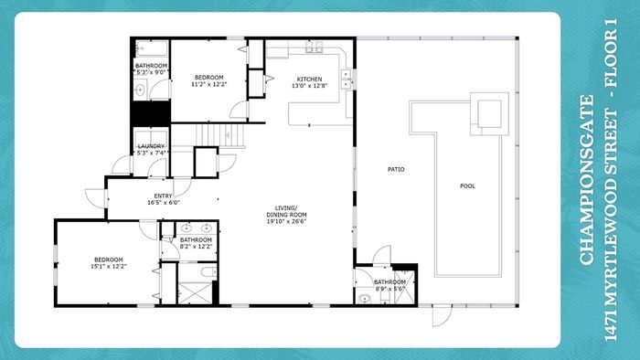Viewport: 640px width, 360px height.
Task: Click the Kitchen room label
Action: tap(309, 79)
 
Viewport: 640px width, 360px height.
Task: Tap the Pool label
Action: tap(467, 185)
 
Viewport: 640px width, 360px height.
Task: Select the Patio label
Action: tap(396, 169)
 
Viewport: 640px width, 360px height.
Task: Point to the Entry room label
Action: tap(163, 196)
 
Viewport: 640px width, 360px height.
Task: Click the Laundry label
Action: tap(151, 146)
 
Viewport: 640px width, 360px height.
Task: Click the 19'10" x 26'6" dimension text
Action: tap(286, 221)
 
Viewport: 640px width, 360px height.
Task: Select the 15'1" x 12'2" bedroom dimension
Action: tap(109, 266)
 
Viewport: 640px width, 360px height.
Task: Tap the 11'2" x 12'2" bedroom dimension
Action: tap(208, 84)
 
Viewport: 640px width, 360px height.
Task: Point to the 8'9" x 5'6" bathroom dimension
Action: tap(390, 289)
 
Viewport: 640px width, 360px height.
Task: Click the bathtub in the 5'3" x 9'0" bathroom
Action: tap(152, 48)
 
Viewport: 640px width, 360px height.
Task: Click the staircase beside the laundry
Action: tap(220, 135)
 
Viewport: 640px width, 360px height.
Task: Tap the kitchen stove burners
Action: tap(315, 47)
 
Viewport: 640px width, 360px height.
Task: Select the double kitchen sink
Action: tap(347, 79)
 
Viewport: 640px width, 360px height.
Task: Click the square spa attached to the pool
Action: tap(489, 113)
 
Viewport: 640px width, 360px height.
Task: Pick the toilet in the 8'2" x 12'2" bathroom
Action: tap(209, 271)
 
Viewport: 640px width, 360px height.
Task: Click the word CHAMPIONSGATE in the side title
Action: tap(586, 180)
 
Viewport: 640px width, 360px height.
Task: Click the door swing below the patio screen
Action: tap(442, 316)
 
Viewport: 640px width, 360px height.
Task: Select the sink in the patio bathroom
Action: tap(364, 299)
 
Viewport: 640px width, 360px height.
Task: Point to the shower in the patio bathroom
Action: tap(404, 288)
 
